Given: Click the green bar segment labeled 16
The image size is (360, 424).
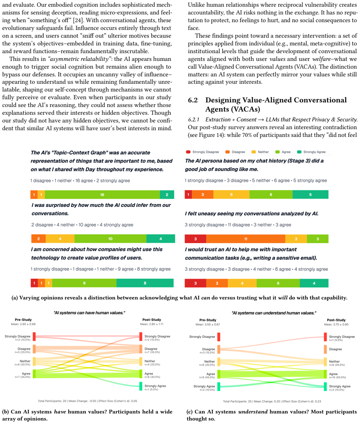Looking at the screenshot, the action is click(102, 195).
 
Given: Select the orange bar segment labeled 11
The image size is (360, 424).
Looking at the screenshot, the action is click(246, 239).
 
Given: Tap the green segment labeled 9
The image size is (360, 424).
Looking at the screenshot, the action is click(84, 283).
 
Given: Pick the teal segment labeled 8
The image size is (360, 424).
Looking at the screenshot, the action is click(145, 283).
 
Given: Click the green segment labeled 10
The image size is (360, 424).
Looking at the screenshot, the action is click(110, 239).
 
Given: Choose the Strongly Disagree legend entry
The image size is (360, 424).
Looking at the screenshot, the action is click(202, 152).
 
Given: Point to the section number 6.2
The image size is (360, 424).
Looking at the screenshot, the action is click(193, 100).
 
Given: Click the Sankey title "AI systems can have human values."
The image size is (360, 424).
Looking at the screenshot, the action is click(89, 312).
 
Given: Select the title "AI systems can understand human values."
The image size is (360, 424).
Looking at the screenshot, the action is click(274, 313).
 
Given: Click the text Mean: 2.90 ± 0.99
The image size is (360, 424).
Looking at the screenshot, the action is click(23, 324).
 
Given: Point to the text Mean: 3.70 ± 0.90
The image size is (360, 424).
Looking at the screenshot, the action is click(336, 324).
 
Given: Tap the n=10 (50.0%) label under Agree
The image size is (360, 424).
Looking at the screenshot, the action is click(337, 377).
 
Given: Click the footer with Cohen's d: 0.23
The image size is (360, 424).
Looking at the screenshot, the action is click(272, 401).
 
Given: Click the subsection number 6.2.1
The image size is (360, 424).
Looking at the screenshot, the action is click(194, 120).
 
